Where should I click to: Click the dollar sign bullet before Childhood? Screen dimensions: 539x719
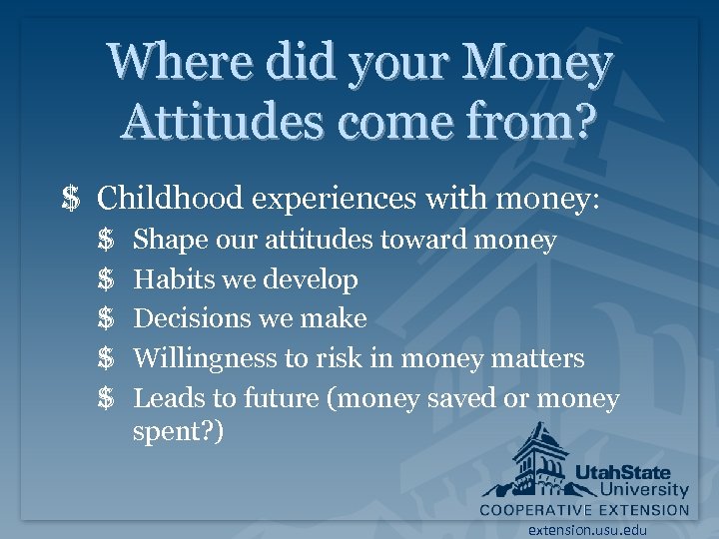click(x=70, y=199)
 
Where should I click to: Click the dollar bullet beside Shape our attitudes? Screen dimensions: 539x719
click(x=107, y=240)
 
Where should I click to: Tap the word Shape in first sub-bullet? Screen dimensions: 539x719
click(x=166, y=240)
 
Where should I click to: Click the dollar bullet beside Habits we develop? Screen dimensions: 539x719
click(x=107, y=279)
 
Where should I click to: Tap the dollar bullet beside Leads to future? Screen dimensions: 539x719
click(x=107, y=398)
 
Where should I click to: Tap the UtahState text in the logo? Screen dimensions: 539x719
click(x=622, y=472)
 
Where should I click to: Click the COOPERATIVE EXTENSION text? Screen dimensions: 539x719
click(x=584, y=509)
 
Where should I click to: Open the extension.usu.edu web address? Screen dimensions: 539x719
click(x=588, y=530)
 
